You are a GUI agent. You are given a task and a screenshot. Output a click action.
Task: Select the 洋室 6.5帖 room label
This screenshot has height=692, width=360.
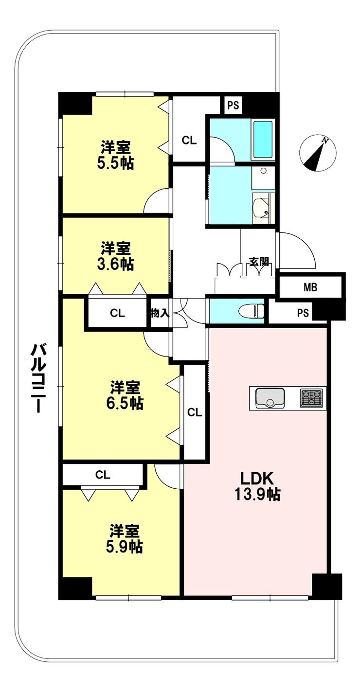pyautogui.click(x=125, y=395)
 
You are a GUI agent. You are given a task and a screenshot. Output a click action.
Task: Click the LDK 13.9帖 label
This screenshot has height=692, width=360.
pyautogui.click(x=257, y=486)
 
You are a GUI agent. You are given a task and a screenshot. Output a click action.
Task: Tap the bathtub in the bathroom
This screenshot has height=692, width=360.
pyautogui.click(x=263, y=139)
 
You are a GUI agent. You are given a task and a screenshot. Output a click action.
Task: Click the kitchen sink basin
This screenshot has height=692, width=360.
pyautogui.click(x=270, y=398)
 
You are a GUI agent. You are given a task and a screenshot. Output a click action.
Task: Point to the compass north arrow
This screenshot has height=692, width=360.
pyautogui.click(x=318, y=153)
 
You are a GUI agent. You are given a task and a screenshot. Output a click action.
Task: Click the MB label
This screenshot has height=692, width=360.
pyautogui.click(x=310, y=287)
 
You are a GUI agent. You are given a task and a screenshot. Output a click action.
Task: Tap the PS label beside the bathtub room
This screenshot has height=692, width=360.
pyautogui.click(x=234, y=106)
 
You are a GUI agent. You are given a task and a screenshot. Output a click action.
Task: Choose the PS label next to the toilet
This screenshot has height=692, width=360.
pyautogui.click(x=303, y=313)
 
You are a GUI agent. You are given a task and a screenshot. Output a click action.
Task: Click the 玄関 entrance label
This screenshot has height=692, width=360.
pyautogui.click(x=259, y=262)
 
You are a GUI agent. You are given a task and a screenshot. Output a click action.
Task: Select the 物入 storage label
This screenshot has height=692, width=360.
pyautogui.click(x=160, y=313)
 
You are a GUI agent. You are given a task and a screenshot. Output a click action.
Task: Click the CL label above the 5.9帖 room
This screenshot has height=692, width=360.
pyautogui.click(x=103, y=475)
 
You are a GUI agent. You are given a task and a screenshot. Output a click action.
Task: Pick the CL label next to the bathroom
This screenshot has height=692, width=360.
pyautogui.click(x=189, y=141)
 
